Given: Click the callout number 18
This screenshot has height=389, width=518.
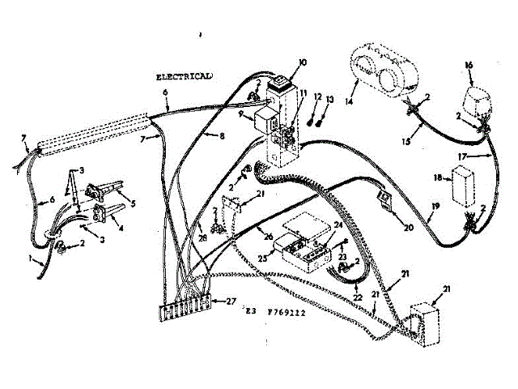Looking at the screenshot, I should coord(437,176).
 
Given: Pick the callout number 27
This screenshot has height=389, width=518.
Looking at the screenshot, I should coord(231,301).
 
